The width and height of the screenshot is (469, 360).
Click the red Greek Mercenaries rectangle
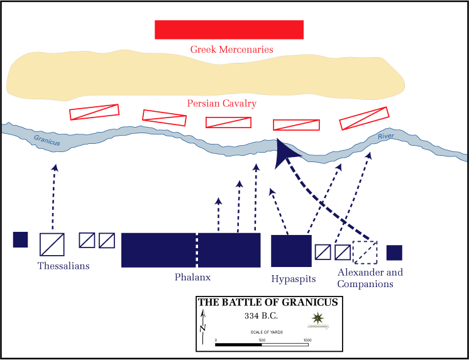click(x=229, y=30)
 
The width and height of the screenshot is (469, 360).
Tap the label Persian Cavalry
click(x=222, y=103)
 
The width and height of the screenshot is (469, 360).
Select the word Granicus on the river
click(x=47, y=140)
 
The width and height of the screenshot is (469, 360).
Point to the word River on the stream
click(x=385, y=136)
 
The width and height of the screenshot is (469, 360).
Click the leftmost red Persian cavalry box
click(x=94, y=112)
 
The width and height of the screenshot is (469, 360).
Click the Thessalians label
click(x=63, y=266)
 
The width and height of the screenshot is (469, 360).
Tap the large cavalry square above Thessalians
click(x=52, y=244)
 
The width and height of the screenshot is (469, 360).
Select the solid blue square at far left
click(x=20, y=239)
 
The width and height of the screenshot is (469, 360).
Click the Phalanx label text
click(x=192, y=277)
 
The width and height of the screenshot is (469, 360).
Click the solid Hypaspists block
click(x=291, y=251)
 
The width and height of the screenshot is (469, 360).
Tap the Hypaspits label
click(x=293, y=278)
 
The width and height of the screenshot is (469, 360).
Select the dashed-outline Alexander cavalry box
click(x=365, y=252)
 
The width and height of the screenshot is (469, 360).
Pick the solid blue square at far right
click(x=394, y=253)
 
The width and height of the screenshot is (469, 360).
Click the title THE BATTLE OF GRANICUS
click(x=268, y=302)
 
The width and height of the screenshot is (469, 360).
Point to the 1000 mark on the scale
click(x=307, y=340)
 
